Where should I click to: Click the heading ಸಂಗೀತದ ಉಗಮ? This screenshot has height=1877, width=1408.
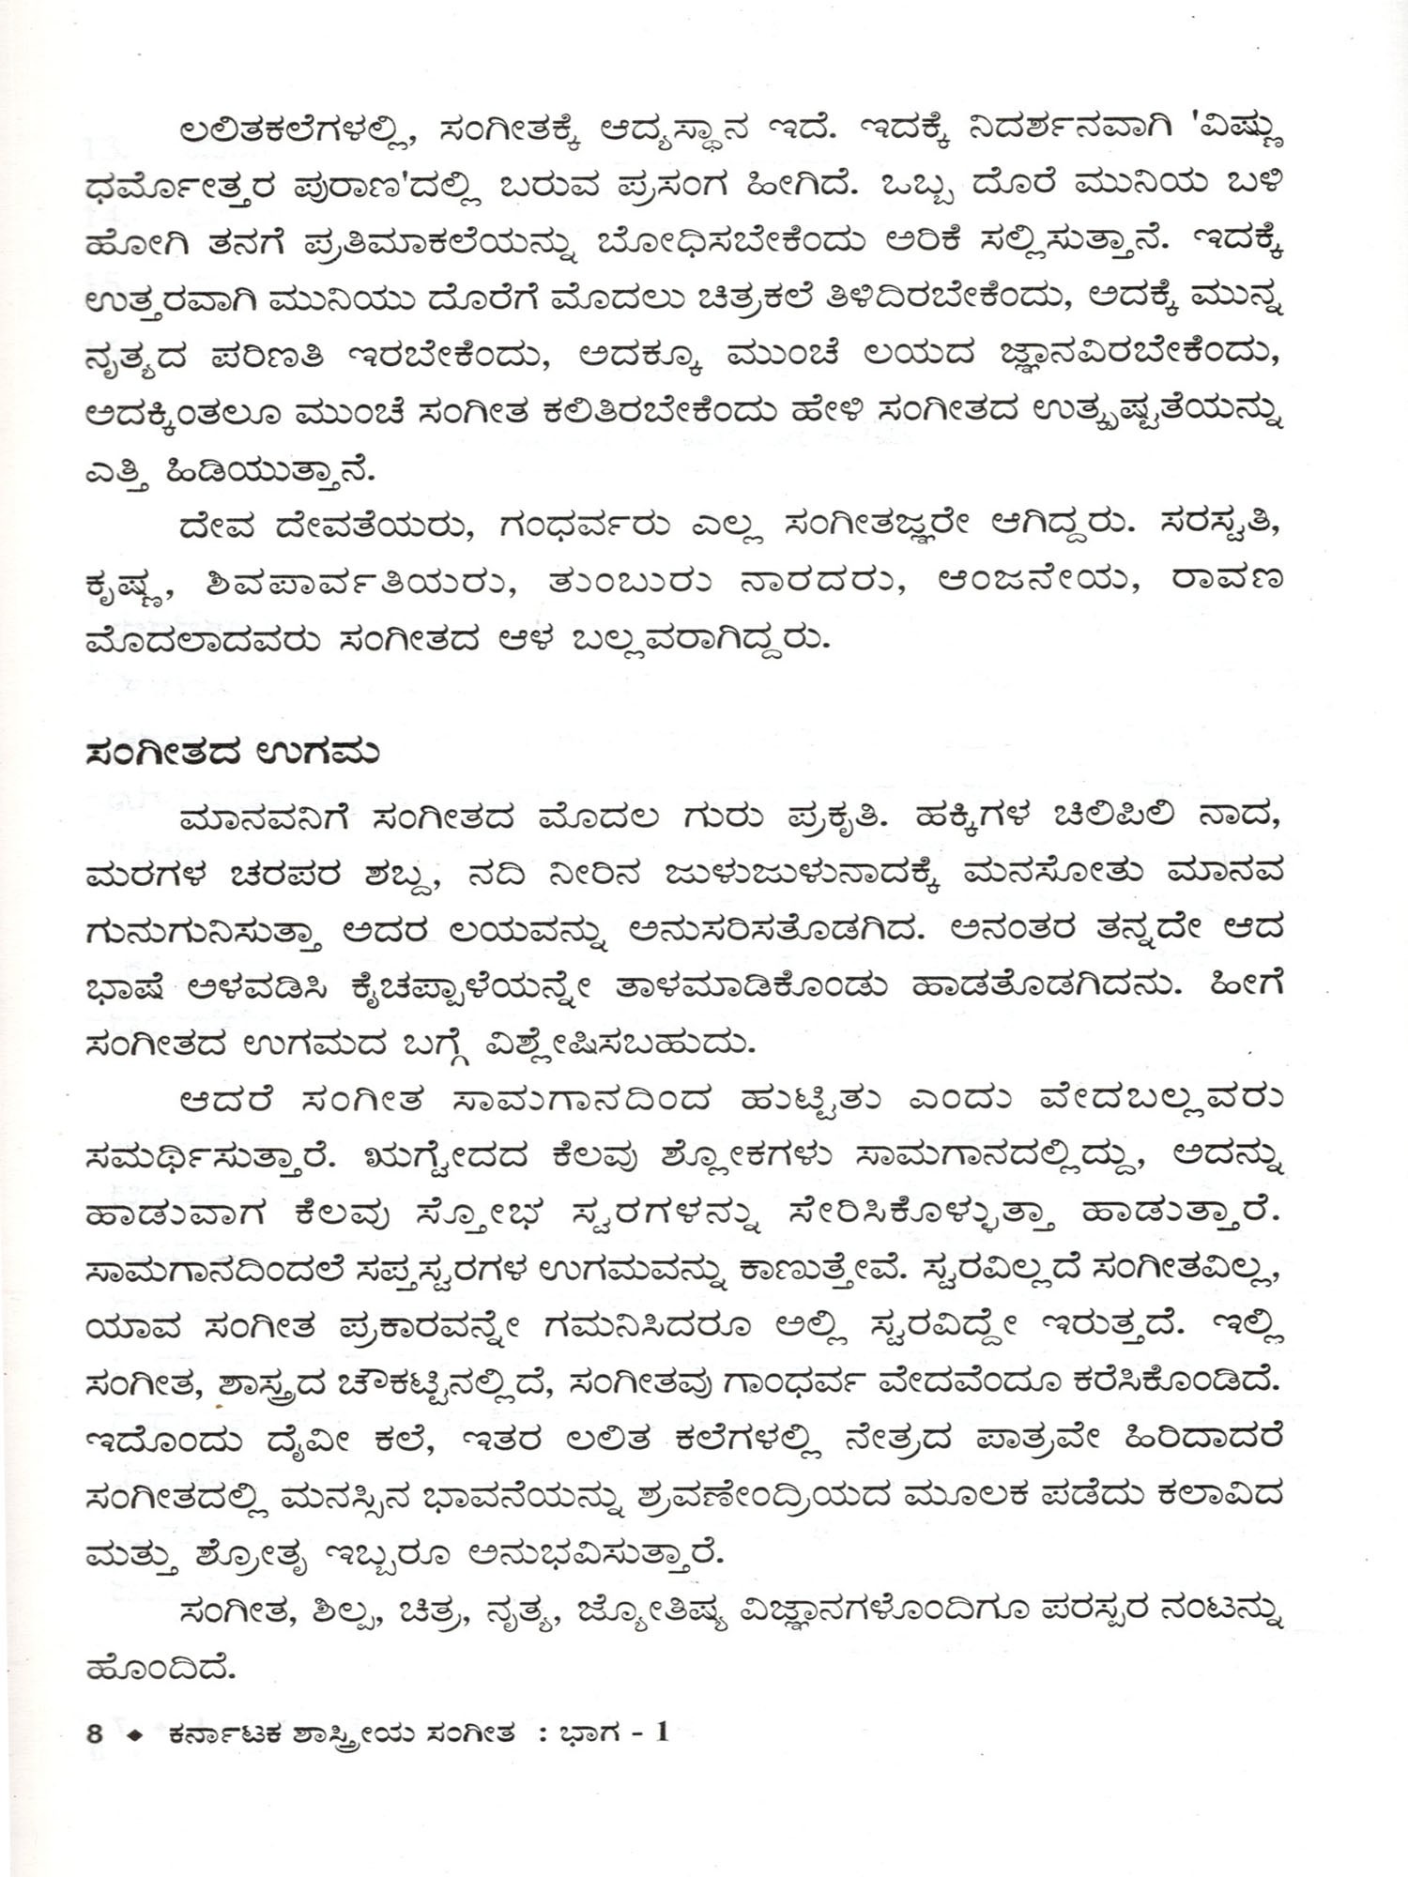(x=231, y=754)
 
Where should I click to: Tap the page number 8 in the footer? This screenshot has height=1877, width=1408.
(x=94, y=1732)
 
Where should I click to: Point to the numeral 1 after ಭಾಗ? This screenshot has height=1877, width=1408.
(x=663, y=1731)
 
